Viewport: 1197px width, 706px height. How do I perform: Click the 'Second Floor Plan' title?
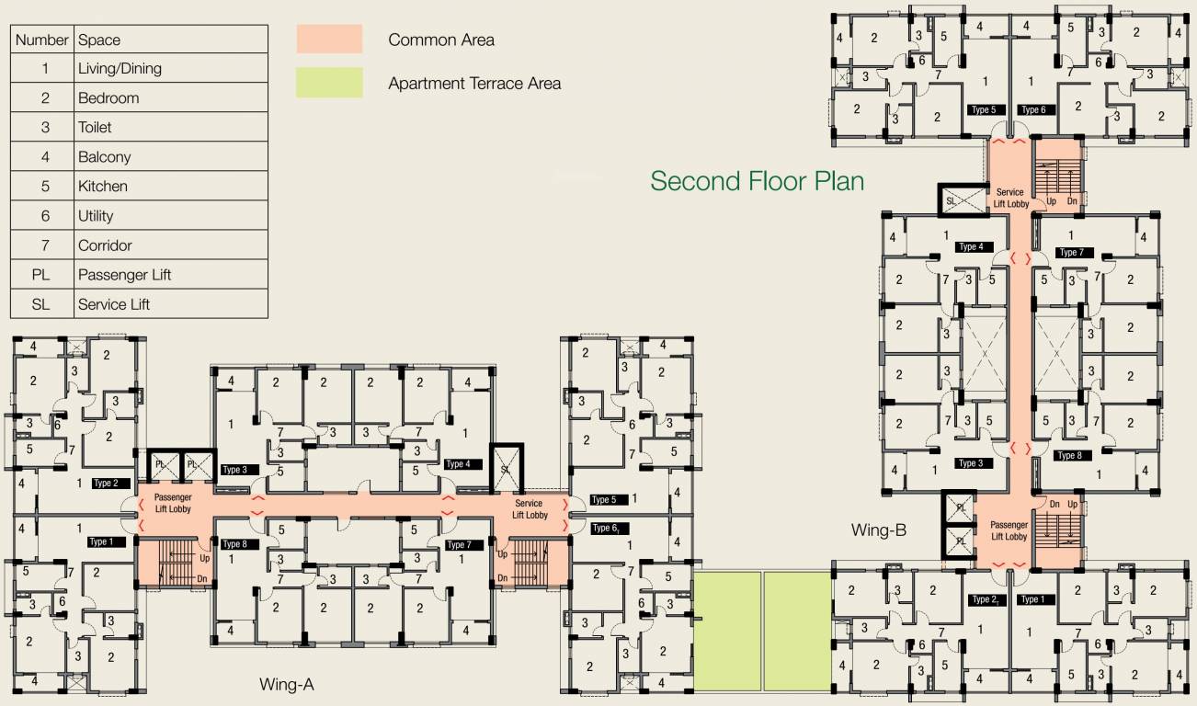(757, 181)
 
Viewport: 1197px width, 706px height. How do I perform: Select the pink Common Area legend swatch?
(329, 40)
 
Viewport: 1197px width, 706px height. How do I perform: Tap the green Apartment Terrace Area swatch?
(329, 83)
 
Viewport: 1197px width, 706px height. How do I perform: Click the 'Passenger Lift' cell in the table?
(125, 275)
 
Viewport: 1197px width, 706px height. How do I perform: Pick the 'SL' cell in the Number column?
(41, 304)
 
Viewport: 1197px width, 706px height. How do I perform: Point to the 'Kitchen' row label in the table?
(103, 186)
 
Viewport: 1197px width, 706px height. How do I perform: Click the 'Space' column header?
(99, 40)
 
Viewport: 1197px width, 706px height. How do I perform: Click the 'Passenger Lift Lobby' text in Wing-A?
(173, 503)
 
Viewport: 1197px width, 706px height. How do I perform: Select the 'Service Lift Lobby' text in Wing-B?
(1010, 199)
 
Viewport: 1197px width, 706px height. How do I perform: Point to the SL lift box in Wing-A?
(506, 468)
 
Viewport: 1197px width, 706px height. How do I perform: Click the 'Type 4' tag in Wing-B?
(971, 247)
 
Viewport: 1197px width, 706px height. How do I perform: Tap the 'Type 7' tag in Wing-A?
(460, 545)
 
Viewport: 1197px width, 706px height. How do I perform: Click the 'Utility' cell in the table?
(96, 216)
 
